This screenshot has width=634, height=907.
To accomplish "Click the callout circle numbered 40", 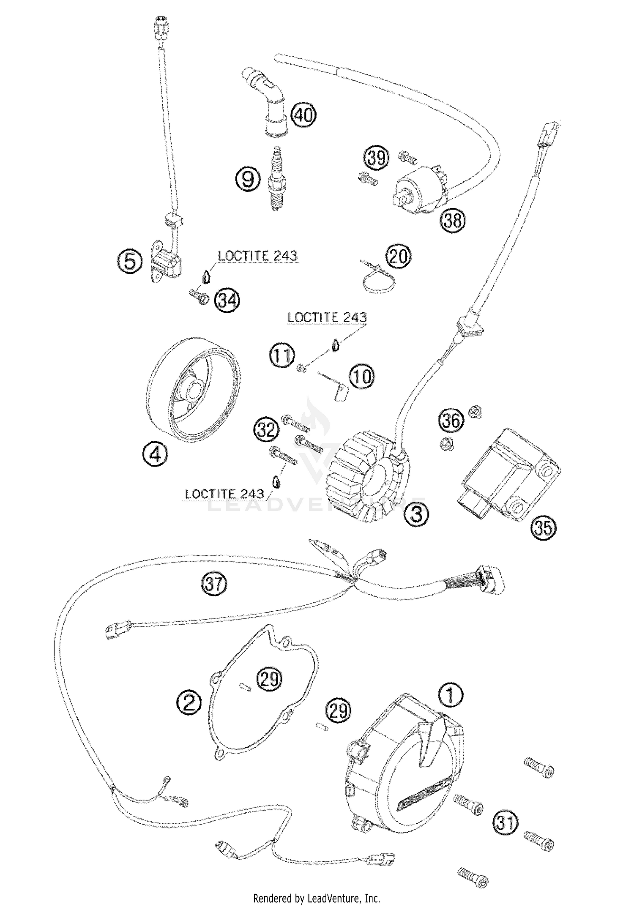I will [x=303, y=115].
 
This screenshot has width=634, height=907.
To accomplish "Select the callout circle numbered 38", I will [x=452, y=220].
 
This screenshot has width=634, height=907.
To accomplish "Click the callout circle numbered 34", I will [x=227, y=301].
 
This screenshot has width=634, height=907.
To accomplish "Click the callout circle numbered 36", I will [x=451, y=421].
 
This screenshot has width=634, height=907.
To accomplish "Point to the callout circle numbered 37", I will [x=213, y=584].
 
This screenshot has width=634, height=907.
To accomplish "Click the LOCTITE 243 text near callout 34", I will [x=257, y=256].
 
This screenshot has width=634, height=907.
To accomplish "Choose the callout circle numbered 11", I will [x=281, y=356].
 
